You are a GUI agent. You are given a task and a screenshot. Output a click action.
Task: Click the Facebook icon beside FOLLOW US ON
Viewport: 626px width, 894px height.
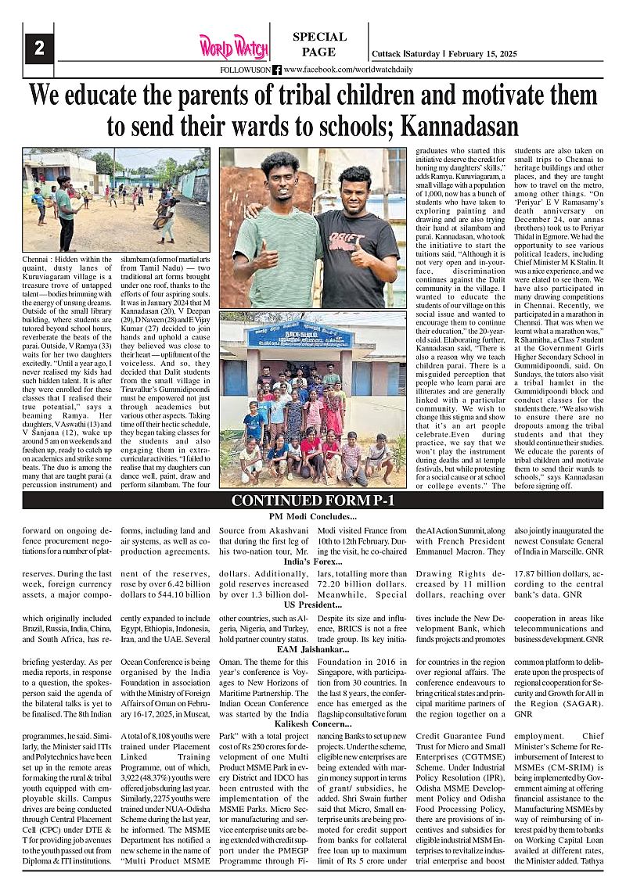click(x=276, y=70)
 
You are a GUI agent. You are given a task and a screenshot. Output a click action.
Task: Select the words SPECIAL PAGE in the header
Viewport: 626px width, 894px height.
click(x=319, y=45)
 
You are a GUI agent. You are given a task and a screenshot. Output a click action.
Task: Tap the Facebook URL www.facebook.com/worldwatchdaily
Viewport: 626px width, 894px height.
click(x=350, y=70)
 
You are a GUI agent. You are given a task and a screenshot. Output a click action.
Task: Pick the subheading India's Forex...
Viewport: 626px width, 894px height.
click(x=312, y=562)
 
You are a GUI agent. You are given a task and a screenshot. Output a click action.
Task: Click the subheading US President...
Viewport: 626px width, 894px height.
click(x=312, y=605)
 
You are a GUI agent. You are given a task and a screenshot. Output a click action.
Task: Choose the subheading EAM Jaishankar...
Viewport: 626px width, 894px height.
click(x=312, y=649)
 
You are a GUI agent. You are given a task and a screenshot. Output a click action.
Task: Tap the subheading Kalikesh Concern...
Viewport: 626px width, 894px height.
click(x=312, y=725)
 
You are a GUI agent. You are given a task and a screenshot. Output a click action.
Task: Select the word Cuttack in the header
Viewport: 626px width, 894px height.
click(x=387, y=54)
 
